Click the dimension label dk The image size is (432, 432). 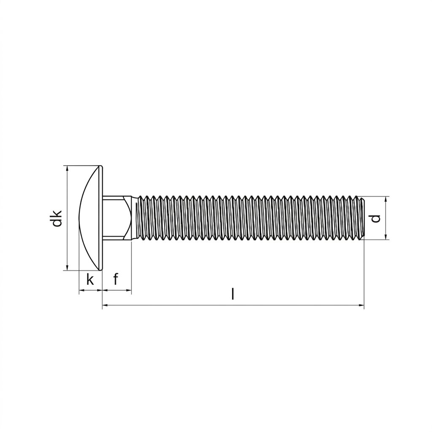[x=57, y=218]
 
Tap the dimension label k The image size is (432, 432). [x=90, y=280]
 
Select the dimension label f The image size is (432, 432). [x=116, y=279]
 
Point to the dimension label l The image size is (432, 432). [x=233, y=294]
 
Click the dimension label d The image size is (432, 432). [x=375, y=218]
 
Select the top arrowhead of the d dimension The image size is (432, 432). [x=386, y=200]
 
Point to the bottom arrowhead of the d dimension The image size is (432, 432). [x=386, y=237]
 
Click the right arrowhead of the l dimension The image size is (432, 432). [x=361, y=305]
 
